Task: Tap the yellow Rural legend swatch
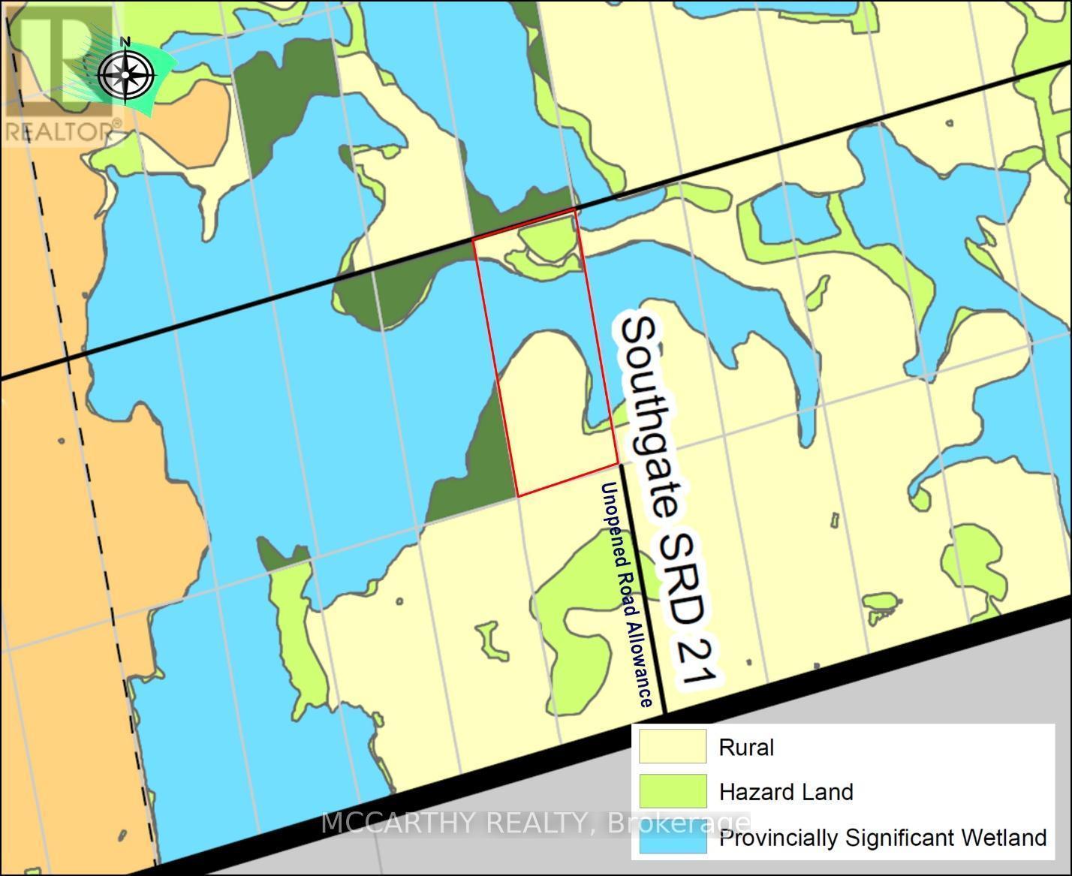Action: (672, 747)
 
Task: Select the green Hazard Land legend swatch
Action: (672, 791)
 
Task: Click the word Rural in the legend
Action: (746, 748)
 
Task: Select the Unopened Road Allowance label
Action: (625, 595)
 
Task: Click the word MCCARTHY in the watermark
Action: (400, 823)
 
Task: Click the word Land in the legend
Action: (830, 792)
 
